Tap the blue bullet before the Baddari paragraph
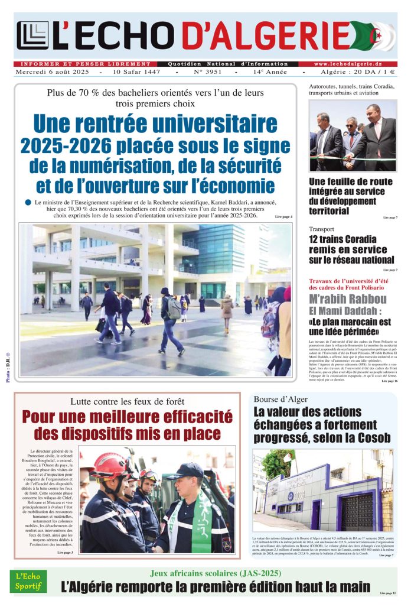[28, 203]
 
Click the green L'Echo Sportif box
[29, 582]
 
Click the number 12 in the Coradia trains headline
[316, 239]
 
